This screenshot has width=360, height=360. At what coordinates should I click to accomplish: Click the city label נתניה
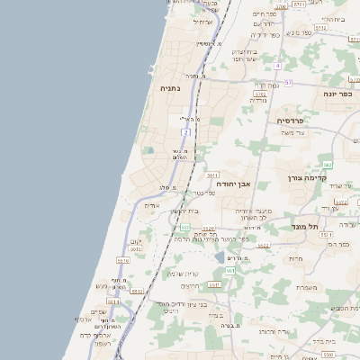pos(170,89)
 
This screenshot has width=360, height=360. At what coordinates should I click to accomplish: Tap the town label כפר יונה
pos(341,93)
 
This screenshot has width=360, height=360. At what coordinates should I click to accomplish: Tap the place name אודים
pos(152,205)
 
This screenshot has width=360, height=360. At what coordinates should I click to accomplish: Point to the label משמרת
pos(306,288)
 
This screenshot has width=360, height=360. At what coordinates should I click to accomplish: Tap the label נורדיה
pos(257,100)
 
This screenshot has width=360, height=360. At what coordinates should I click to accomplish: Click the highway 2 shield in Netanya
pos(184,133)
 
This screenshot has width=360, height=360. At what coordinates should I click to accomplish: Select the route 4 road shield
pos(278,66)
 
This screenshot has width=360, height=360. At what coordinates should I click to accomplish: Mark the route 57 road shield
pos(287,83)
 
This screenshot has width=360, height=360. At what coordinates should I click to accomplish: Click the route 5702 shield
pos(260,93)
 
